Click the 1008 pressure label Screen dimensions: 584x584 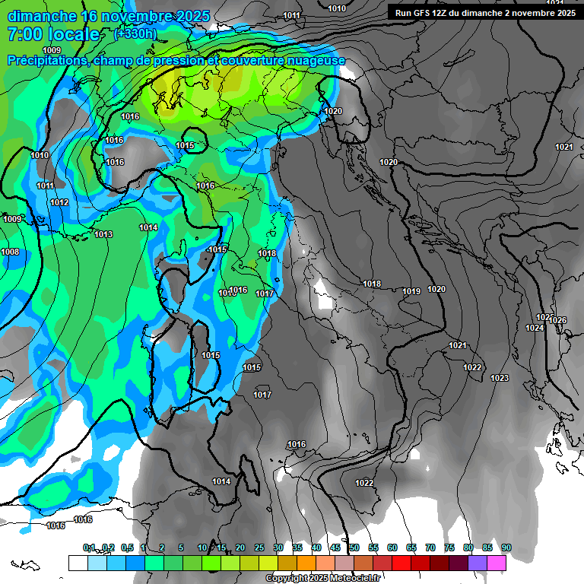point(10,252)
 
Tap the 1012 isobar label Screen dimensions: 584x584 point(59,202)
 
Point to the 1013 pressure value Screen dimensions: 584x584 point(103,234)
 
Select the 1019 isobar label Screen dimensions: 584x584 point(411,291)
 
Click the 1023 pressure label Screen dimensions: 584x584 point(500,378)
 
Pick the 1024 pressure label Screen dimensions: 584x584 point(535,328)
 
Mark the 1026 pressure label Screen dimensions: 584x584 point(557,320)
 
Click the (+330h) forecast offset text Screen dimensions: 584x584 point(135,34)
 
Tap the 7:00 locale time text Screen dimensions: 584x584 point(53,34)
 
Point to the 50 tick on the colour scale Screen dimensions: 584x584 point(354,547)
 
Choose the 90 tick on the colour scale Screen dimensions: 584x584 point(506,547)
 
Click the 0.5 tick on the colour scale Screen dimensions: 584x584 point(126,547)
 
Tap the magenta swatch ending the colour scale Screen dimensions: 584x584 point(497,562)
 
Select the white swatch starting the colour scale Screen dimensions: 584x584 point(78,562)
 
